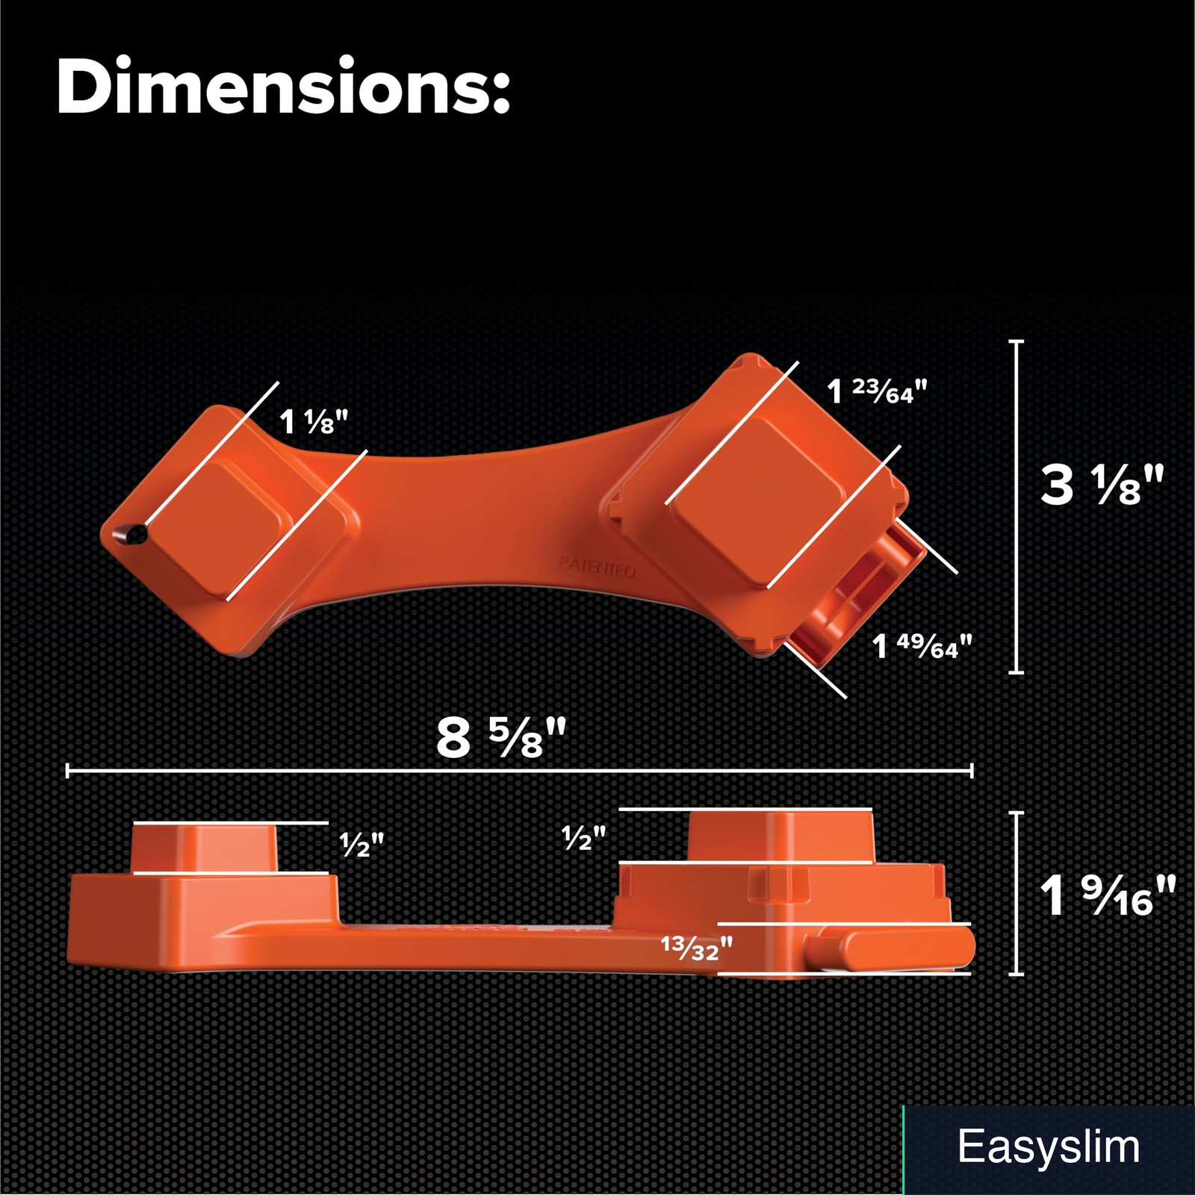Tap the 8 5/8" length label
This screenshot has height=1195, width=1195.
pos(501,737)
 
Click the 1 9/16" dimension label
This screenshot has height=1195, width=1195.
pos(1108,896)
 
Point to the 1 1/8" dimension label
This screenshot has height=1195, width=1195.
pos(314,422)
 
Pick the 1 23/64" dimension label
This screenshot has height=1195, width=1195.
pos(877,391)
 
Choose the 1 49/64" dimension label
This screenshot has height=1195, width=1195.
pos(922,646)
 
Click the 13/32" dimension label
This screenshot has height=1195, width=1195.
pos(697,948)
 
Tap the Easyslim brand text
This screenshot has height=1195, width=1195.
pos(1049,1146)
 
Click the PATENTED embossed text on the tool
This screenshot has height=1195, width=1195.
pos(597,566)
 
